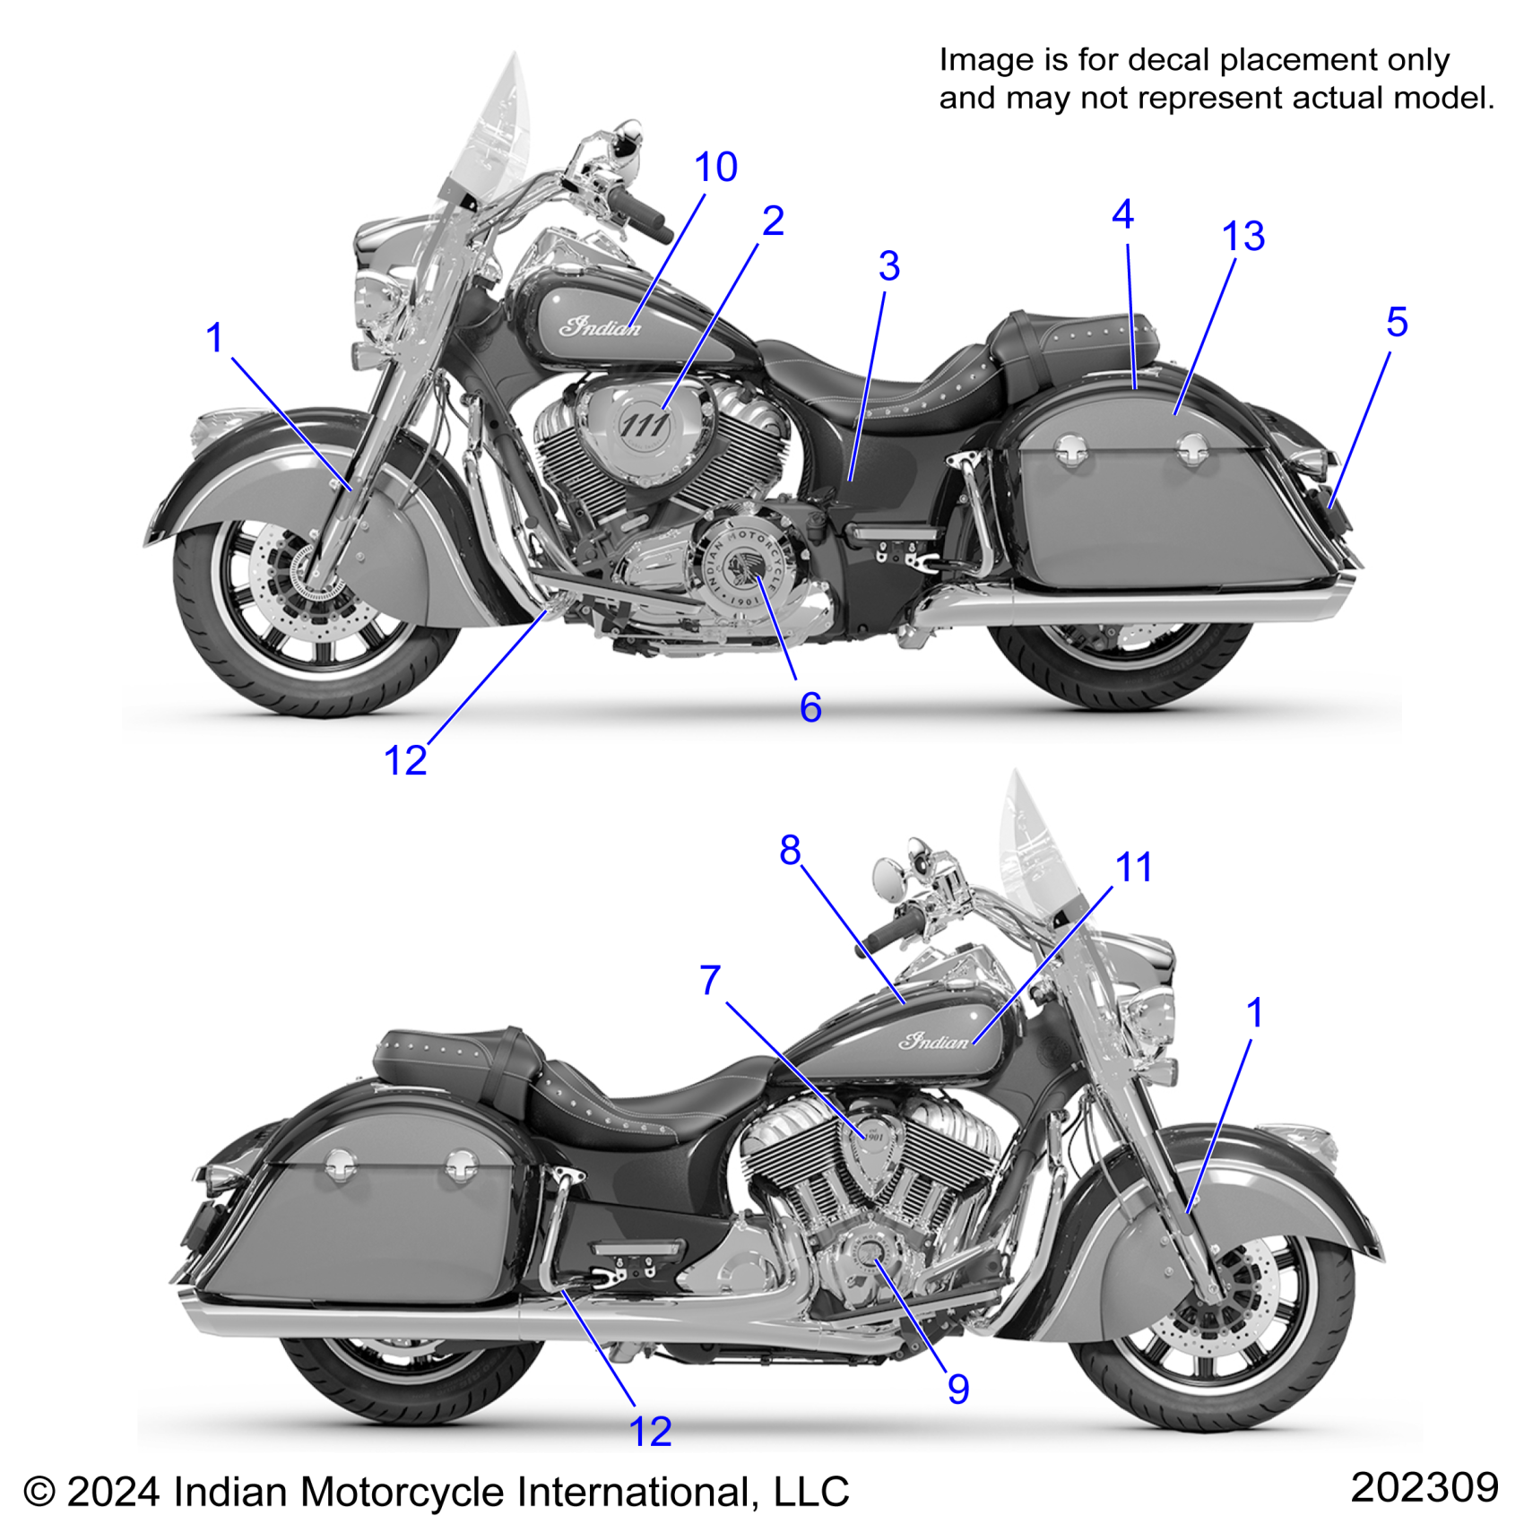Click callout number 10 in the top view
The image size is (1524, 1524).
[715, 168]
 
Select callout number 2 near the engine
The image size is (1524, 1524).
[773, 221]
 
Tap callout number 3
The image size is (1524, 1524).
[888, 266]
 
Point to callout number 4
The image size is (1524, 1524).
[1122, 215]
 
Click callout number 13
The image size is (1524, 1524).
[1243, 237]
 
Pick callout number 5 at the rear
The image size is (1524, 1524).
[1397, 323]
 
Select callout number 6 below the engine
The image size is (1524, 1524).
[810, 708]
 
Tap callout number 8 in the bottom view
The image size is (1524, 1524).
[790, 850]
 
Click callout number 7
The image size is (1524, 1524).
[710, 981]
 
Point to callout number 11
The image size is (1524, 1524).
[1133, 868]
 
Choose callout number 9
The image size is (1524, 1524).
[958, 1390]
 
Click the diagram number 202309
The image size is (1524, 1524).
[1424, 1487]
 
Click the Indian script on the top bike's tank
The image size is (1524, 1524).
[600, 325]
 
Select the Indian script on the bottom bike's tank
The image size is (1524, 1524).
[934, 1041]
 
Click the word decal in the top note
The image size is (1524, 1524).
[1168, 60]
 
